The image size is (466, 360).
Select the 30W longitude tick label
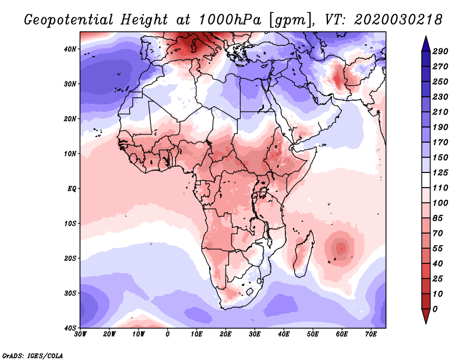[x=80, y=334]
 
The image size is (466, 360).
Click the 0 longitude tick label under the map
[x=168, y=334]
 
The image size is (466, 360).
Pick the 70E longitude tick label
[x=370, y=334]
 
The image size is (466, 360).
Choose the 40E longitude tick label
[x=284, y=334]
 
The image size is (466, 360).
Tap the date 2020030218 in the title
[x=390, y=20]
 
